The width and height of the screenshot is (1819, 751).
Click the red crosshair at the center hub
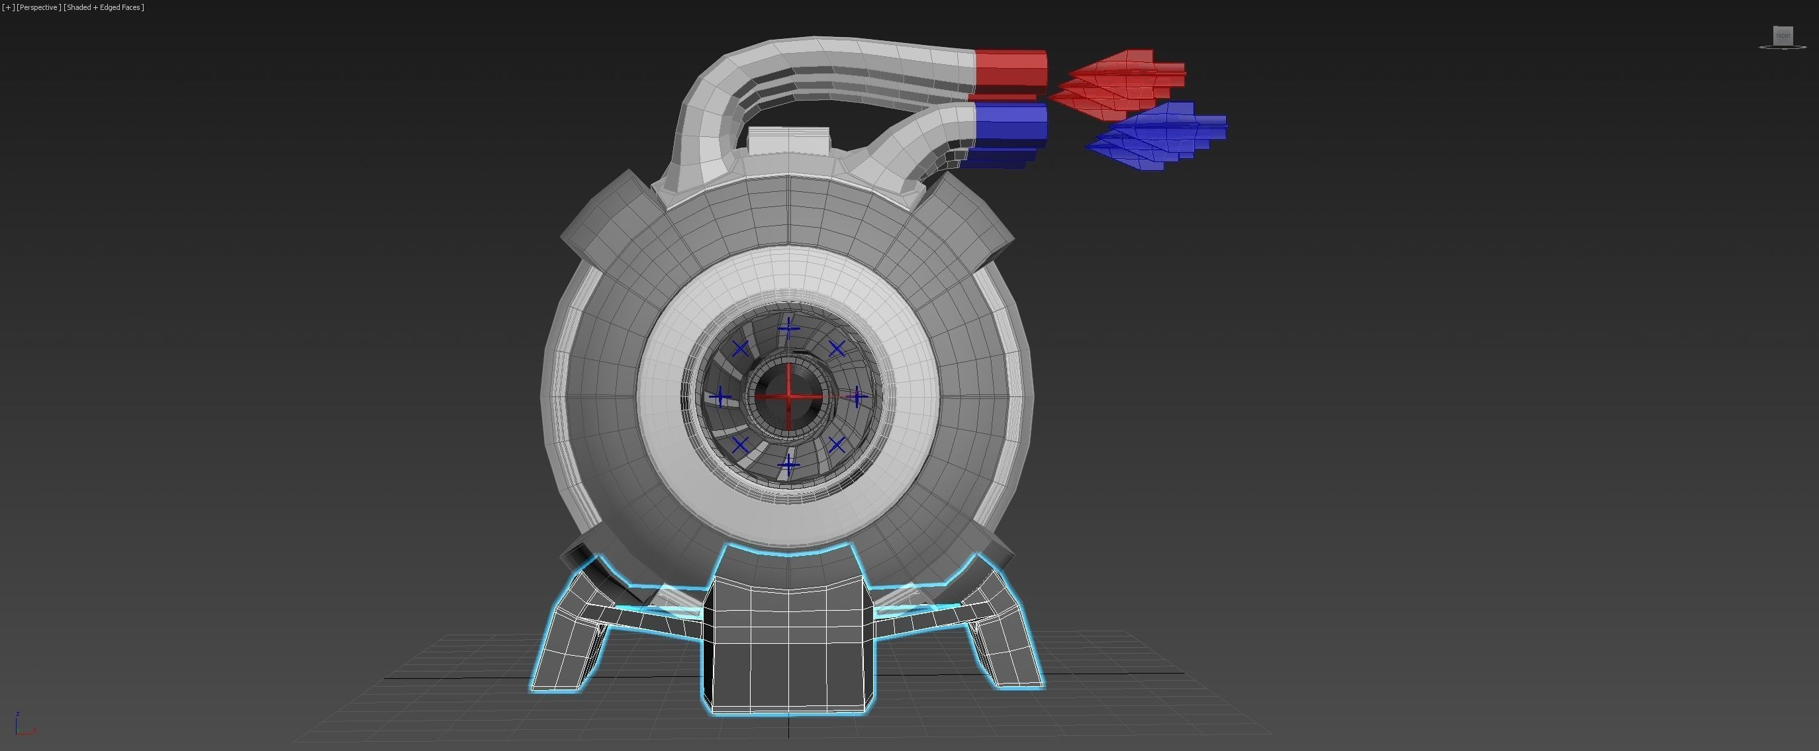coord(789,396)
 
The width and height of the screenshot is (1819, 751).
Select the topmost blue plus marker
coord(789,329)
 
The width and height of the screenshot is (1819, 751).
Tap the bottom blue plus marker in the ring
coord(789,464)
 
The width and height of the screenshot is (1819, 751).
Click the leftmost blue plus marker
coord(720,397)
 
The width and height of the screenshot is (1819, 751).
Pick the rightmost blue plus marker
coord(857,398)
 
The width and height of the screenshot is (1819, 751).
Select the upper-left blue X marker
coord(740,349)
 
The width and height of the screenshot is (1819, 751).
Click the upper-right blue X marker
coord(837,349)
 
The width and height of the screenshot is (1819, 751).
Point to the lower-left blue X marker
coord(740,445)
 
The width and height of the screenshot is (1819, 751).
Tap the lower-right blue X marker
coord(837,445)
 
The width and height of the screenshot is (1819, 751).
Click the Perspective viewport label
coord(38,7)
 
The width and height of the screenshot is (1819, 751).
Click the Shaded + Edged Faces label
coord(104,7)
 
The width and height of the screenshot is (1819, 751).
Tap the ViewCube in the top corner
coord(1783,36)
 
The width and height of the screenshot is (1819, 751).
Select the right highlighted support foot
coord(1006,642)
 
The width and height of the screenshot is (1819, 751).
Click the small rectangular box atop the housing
coord(788,140)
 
